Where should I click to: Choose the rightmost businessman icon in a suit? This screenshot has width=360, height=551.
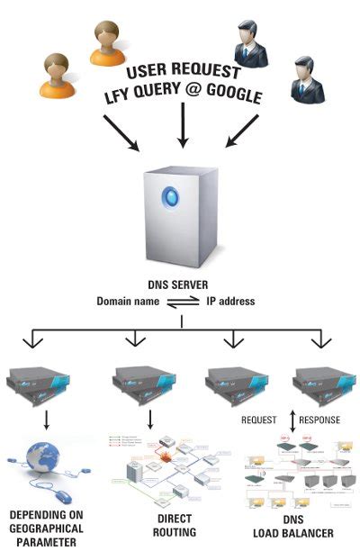(x=304, y=80)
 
